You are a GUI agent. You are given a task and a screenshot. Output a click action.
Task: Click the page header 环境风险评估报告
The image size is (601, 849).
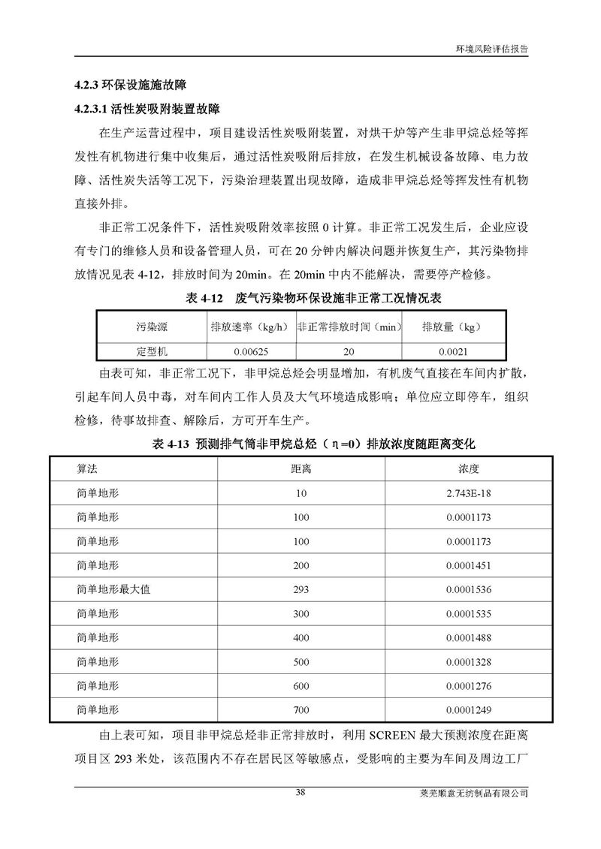point(491,46)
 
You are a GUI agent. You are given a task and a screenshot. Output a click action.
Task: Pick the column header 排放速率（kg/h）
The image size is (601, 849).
point(249,327)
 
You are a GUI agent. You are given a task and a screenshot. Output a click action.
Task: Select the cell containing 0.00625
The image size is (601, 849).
point(250,351)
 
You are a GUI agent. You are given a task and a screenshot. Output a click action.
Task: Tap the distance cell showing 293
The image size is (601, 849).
point(300,589)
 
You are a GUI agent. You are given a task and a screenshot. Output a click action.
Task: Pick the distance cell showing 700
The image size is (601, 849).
point(300,709)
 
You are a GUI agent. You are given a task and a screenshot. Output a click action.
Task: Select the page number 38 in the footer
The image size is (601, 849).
point(300,792)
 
